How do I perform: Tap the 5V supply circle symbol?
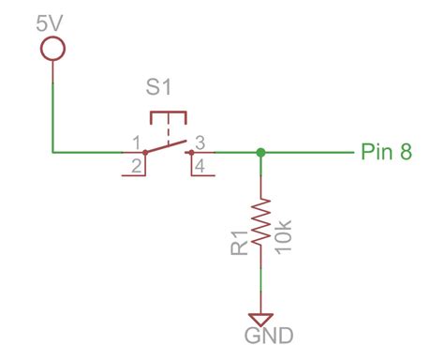[53, 47]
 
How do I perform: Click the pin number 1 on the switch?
[137, 142]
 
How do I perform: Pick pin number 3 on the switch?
[200, 142]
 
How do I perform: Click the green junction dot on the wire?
[260, 151]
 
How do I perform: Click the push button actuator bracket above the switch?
[169, 116]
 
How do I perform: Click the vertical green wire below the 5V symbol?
[53, 103]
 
